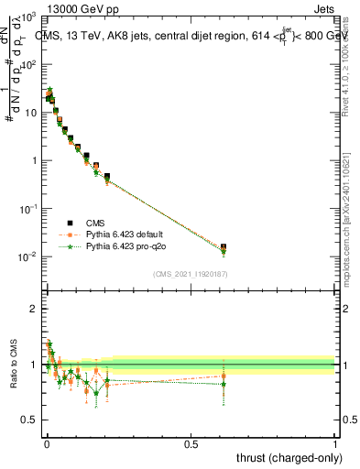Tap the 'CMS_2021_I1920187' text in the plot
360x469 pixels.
tap(191, 274)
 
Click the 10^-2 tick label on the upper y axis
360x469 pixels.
tap(28, 256)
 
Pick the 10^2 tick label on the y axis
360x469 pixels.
tap(28, 65)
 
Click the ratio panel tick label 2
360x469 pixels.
tap(35, 309)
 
